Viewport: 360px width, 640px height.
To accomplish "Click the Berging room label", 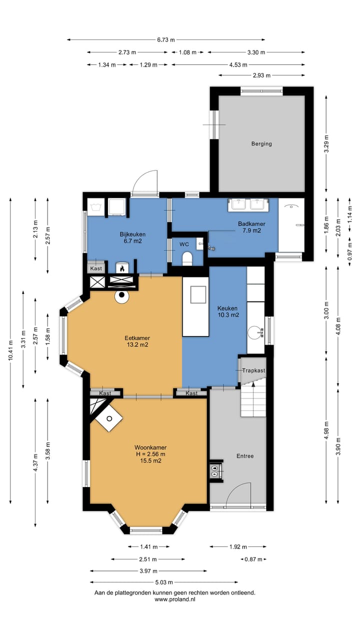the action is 261,143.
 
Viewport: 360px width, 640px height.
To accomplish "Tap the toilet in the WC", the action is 187,258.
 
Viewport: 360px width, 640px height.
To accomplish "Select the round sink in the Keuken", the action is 255,332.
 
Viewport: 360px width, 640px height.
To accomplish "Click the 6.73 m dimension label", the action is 165,39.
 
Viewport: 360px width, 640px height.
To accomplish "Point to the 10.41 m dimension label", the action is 10,350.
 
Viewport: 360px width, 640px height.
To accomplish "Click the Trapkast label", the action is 253,370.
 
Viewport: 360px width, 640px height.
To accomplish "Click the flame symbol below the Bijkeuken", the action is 121,268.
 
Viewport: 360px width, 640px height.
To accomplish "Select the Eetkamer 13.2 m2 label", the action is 137,341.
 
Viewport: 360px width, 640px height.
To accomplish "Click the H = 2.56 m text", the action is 150,454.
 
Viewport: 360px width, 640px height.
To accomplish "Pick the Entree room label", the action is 245,456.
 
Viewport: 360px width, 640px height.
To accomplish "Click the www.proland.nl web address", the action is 175,599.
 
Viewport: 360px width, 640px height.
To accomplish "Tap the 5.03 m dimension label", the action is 164,582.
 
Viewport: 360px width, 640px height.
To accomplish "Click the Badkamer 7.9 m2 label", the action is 251,227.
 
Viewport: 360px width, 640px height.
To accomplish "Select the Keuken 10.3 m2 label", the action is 228,311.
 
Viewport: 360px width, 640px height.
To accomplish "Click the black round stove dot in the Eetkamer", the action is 121,294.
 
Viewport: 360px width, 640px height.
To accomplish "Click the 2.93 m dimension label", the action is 261,75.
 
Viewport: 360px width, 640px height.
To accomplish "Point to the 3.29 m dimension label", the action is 326,143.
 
